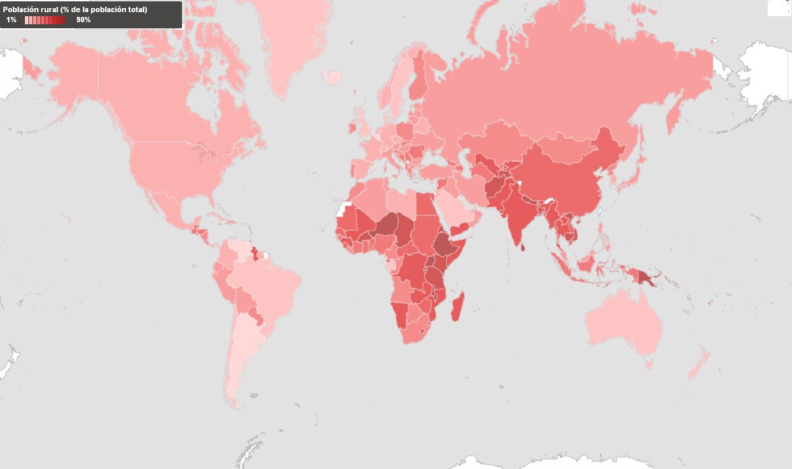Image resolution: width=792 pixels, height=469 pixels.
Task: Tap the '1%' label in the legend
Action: [x=11, y=20]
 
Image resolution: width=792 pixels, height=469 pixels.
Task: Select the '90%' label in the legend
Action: [x=83, y=20]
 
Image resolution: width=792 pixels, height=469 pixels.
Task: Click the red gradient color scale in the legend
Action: [x=44, y=20]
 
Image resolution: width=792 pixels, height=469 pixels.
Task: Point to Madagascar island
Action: [x=456, y=309]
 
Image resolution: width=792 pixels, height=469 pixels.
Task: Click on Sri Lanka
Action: [x=523, y=247]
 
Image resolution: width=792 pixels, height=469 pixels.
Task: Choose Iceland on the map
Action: [x=333, y=77]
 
